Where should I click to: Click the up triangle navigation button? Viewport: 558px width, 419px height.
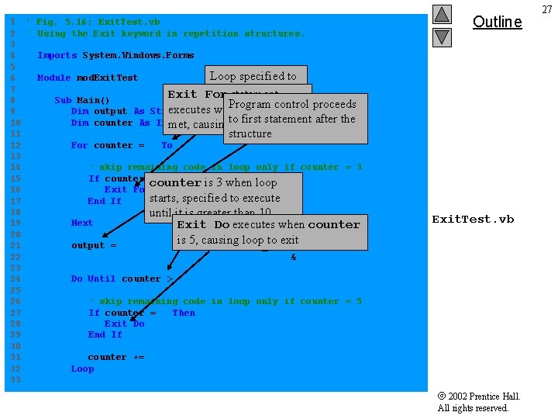pos(442,15)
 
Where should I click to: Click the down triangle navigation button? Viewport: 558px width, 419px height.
pos(442,36)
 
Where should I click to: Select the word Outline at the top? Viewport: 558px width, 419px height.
pos(497,22)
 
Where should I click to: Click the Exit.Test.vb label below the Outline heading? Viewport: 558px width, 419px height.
pos(473,220)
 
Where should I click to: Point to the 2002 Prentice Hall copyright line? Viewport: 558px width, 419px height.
pos(479,396)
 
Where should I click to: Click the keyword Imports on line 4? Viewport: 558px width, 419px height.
pos(57,56)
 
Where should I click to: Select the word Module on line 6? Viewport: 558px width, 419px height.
pos(54,78)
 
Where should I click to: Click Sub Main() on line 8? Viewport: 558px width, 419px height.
pos(82,100)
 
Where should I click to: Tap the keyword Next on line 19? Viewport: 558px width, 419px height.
pos(82,223)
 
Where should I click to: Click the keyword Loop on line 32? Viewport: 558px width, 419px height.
pos(82,369)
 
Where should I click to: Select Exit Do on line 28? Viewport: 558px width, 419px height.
pos(124,324)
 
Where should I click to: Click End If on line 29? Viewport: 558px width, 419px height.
pos(105,334)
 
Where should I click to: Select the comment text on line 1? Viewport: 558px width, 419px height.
pos(93,23)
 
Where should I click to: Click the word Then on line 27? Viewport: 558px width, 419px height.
pos(184,313)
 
